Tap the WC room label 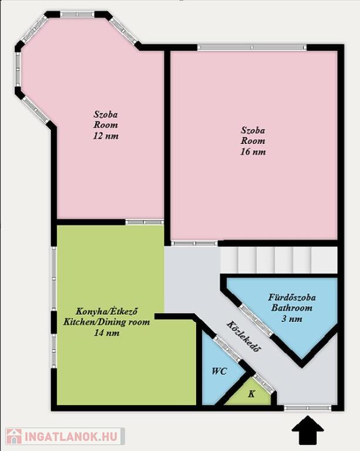220,371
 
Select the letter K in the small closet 251,394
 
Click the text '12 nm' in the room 106,136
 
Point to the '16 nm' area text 253,152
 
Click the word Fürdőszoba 292,297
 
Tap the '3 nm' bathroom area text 292,319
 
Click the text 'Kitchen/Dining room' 106,322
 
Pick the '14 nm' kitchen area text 107,333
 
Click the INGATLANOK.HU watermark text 71,437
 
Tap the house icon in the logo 14,436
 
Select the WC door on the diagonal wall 227,349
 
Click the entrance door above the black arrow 307,408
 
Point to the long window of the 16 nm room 252,48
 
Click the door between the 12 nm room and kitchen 144,222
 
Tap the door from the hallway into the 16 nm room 194,243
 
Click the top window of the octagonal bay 78,14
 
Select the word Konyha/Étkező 106,311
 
